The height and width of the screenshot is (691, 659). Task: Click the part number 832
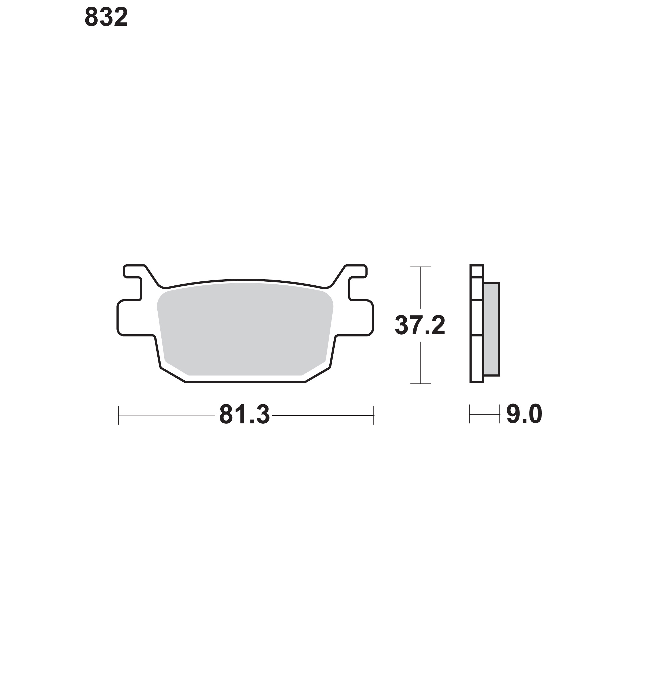[106, 18]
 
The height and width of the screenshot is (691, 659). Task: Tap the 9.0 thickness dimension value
[524, 414]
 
